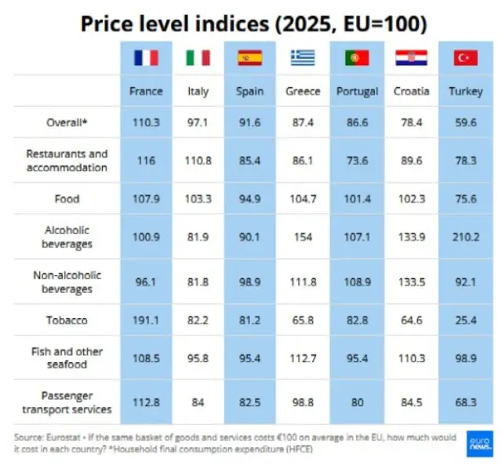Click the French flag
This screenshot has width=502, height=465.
tap(146, 58)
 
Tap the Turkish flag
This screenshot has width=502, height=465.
tap(465, 58)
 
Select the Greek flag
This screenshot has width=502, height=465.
tap(303, 58)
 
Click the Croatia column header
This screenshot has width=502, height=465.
tap(411, 91)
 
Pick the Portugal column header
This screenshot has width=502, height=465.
tap(357, 92)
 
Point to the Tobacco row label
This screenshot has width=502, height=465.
tap(67, 320)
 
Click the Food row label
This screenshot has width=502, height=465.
tap(67, 199)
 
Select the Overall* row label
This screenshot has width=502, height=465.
tap(67, 123)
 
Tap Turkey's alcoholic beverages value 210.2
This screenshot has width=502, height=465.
tap(465, 237)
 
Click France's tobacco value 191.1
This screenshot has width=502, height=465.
tap(146, 320)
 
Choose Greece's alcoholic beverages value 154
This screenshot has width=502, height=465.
tap(303, 237)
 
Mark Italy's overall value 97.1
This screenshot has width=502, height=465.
tap(198, 123)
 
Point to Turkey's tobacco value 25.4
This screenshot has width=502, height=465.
tap(465, 320)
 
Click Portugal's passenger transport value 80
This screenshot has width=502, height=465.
tap(357, 402)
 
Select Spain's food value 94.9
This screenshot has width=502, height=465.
tap(249, 199)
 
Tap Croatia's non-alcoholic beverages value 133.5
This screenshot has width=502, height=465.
tap(411, 282)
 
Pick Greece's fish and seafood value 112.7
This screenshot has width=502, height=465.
tap(303, 358)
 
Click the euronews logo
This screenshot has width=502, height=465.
tap(479, 444)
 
